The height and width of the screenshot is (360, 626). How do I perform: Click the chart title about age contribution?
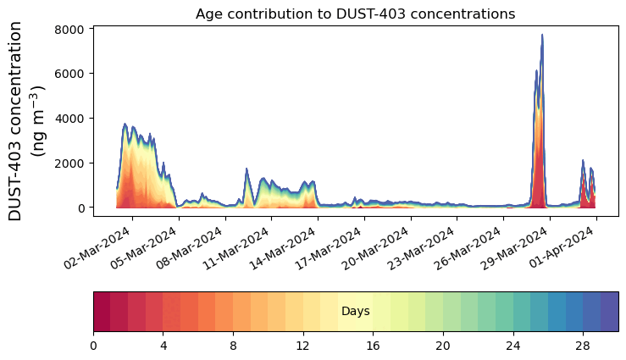pos(355,14)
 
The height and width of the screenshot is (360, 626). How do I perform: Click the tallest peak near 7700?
pos(542,36)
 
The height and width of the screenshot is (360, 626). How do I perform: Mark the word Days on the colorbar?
pos(355,312)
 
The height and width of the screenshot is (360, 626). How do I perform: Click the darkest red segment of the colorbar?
pos(102,312)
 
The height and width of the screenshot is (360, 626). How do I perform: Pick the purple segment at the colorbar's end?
pos(609,312)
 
